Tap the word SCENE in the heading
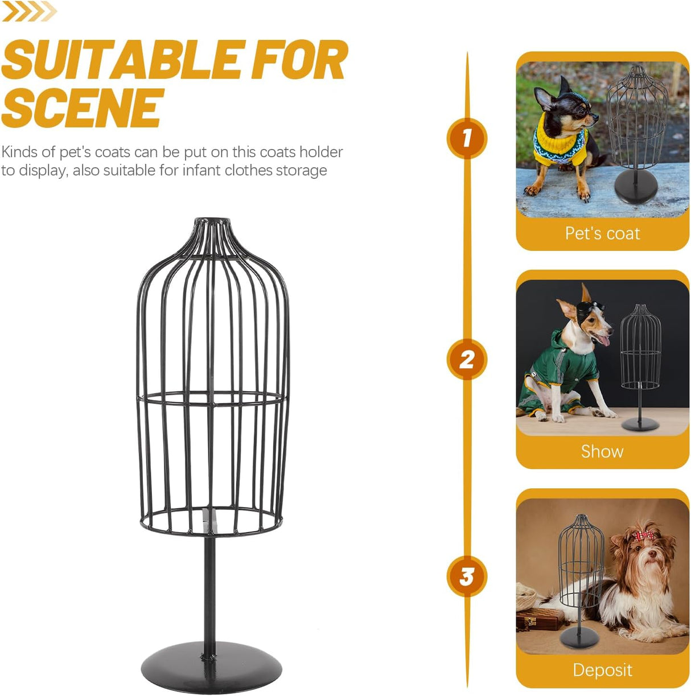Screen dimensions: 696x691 tap(83, 108)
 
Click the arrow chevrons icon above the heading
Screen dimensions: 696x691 tap(30, 11)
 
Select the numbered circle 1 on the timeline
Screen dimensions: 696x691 tap(467, 138)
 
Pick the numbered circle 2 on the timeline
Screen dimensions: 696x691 tap(467, 360)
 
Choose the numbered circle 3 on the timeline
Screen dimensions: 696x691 tap(467, 576)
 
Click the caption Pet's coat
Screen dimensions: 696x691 tap(602, 233)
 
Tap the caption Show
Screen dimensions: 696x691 tap(602, 451)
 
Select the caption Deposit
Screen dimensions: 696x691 tap(602, 670)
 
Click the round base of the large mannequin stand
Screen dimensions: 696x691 tap(211, 667)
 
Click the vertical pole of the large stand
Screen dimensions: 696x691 tap(210, 592)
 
